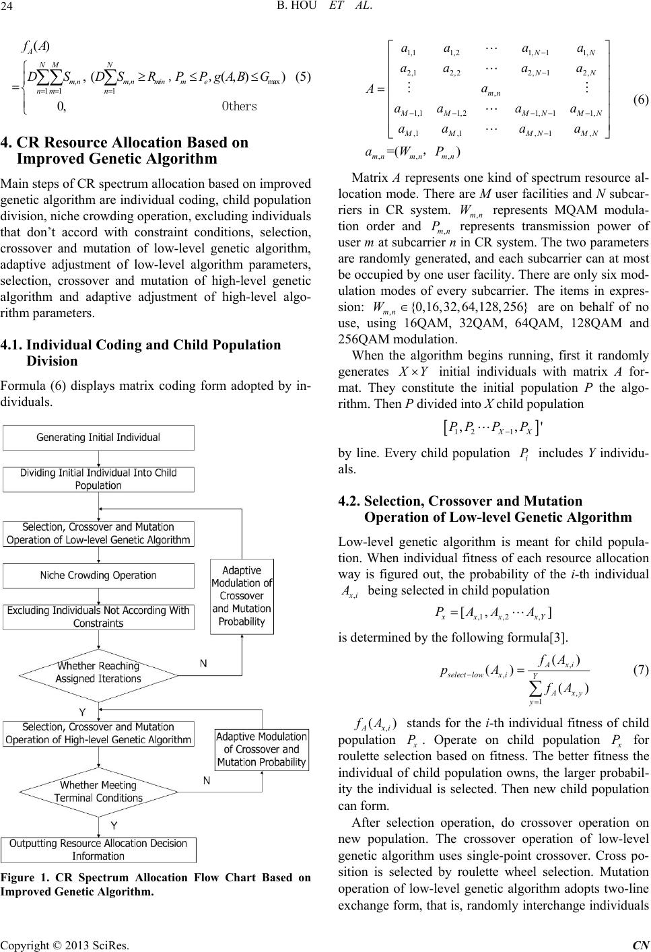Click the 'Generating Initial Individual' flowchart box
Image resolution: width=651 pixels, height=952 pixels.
pyautogui.click(x=98, y=437)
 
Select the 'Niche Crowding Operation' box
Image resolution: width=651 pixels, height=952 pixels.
pyautogui.click(x=98, y=575)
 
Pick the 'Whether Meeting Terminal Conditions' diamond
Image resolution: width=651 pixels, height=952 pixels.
pyautogui.click(x=99, y=791)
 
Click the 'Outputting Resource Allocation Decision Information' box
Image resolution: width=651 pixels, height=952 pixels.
pyautogui.click(x=98, y=850)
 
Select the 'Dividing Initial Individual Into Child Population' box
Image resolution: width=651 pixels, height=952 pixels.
pyautogui.click(x=98, y=479)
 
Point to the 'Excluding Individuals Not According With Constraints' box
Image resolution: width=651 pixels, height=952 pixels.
pyautogui.click(x=98, y=617)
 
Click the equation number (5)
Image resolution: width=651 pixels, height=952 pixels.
pyautogui.click(x=302, y=75)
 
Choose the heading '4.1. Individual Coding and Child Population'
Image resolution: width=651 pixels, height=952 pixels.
pyautogui.click(x=141, y=345)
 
